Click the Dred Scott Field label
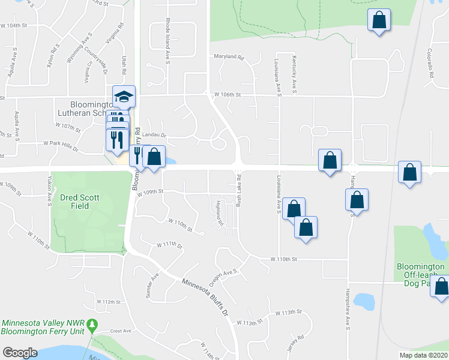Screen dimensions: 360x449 click(79, 202)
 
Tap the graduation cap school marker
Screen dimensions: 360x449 click(124, 96)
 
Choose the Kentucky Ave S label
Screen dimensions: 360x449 click(295, 70)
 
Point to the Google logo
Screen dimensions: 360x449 click(20, 353)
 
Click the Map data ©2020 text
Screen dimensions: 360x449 click(423, 355)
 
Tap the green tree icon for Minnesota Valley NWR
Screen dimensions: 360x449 click(92, 325)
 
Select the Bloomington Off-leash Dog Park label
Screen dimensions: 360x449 click(420, 274)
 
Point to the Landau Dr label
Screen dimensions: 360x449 click(154, 136)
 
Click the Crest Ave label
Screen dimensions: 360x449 click(120, 331)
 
